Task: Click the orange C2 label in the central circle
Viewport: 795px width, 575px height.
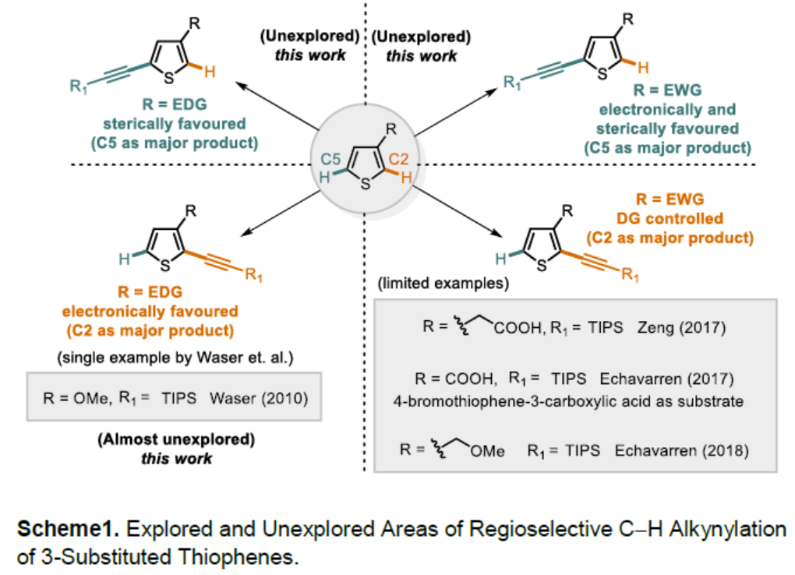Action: coord(398,159)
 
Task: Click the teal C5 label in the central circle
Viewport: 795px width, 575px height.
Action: coord(330,159)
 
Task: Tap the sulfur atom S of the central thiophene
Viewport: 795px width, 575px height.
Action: coord(365,183)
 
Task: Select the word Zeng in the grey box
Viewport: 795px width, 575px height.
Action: coord(655,328)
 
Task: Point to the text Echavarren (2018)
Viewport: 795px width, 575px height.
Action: coord(681,450)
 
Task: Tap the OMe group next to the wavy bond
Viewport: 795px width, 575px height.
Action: coord(487,451)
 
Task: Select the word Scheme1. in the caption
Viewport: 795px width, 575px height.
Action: coord(68,529)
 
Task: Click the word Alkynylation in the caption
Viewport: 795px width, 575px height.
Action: coord(727,529)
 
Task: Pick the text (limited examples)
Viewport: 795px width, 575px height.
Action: coord(443,283)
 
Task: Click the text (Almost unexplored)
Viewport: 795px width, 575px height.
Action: coord(176,439)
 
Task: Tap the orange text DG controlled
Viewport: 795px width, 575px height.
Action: coord(670,218)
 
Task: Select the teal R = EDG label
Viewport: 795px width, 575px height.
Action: coord(175,104)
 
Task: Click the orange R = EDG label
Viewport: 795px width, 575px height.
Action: coord(150,292)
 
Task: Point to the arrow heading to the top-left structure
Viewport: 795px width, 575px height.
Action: coord(277,106)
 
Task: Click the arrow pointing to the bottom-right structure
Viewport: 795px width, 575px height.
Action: coord(458,211)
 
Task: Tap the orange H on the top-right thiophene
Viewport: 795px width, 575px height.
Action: coord(643,68)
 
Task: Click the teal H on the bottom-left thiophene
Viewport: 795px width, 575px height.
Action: coord(124,259)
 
